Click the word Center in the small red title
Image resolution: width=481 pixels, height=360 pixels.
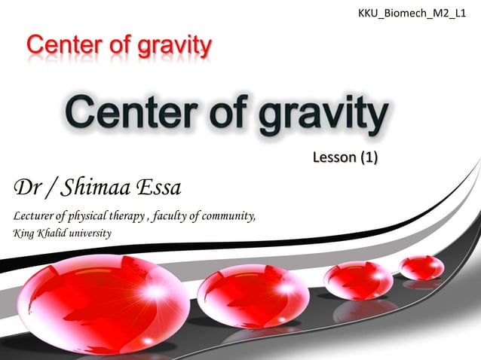[61, 47]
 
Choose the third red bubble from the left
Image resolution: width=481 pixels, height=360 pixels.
[357, 279]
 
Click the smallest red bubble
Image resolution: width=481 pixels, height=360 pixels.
[421, 267]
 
